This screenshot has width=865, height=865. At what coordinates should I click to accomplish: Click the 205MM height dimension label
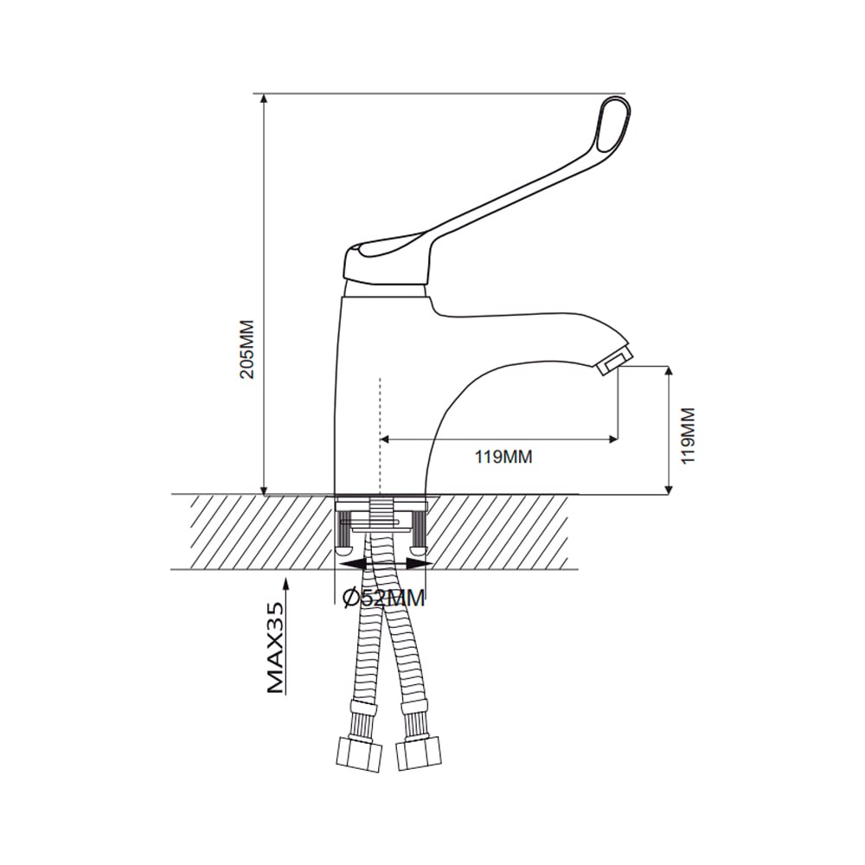tap(247, 349)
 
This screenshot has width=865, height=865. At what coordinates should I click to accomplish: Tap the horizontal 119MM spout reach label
tap(503, 457)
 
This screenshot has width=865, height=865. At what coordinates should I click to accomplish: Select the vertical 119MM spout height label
tap(688, 436)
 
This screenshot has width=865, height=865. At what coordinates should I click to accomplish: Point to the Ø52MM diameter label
tap(384, 598)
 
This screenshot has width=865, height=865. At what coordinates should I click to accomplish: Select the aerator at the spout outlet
tap(614, 359)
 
